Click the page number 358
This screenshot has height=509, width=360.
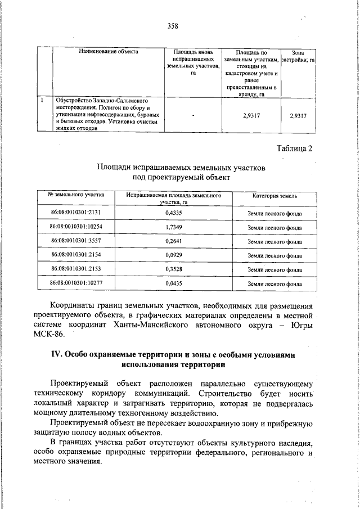(x=172, y=25)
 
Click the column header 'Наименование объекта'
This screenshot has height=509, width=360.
(x=109, y=52)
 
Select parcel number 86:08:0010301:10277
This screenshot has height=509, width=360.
(x=76, y=283)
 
